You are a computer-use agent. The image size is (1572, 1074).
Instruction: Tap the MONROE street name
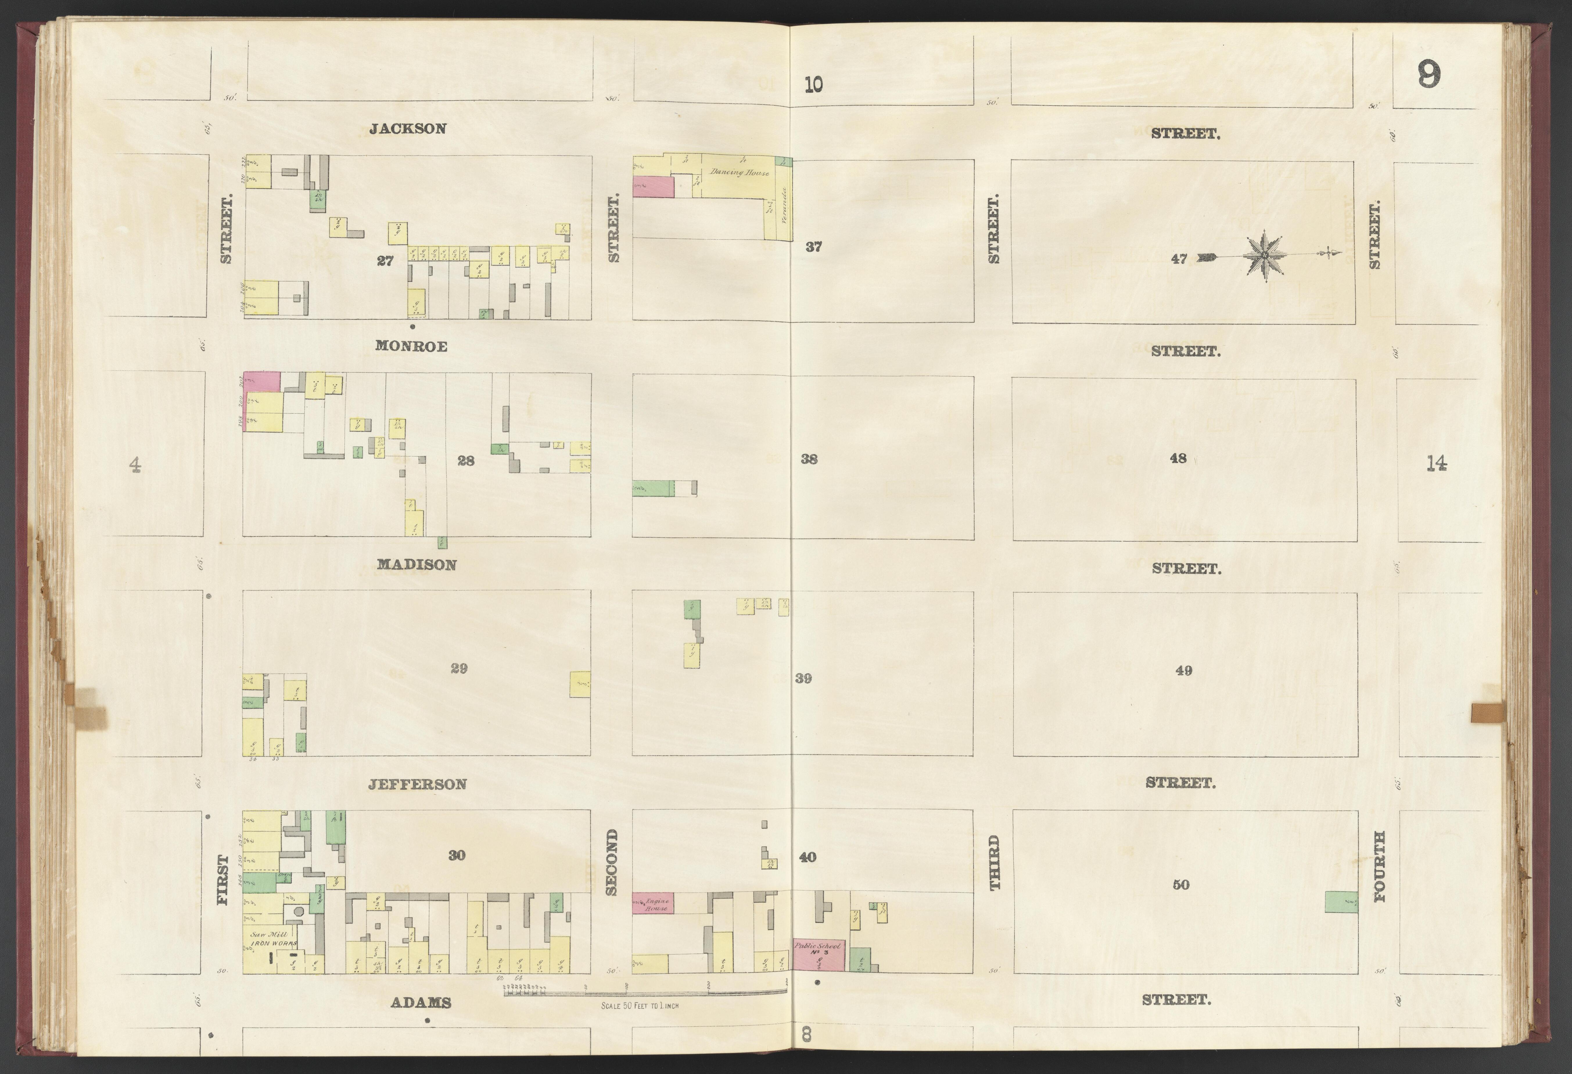click(411, 346)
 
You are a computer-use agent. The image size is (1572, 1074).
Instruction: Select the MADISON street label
click(416, 564)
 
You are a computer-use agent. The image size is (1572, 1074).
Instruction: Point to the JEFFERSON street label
click(417, 784)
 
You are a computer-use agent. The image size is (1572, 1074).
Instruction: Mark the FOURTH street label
click(1379, 866)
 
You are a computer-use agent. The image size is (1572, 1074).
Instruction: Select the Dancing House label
click(739, 173)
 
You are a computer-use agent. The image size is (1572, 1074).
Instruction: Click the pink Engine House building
click(653, 903)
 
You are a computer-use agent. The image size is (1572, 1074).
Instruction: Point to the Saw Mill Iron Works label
click(270, 938)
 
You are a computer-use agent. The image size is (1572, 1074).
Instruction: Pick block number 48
click(1178, 458)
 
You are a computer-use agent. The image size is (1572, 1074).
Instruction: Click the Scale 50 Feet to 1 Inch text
click(639, 1006)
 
